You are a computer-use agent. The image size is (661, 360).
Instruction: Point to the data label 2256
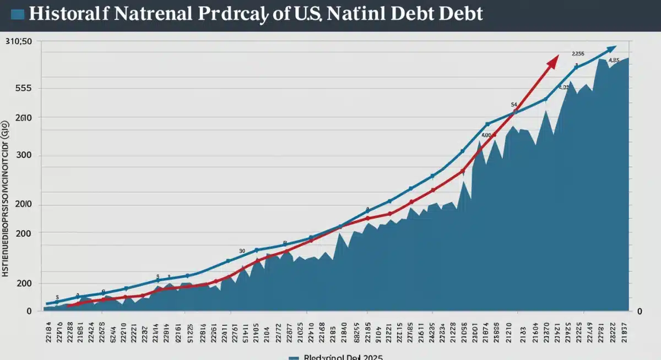tap(578, 54)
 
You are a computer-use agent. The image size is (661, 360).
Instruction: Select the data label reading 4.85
tap(614, 61)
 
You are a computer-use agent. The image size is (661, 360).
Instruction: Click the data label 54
tap(514, 104)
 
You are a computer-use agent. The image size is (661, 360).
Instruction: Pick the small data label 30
tap(242, 250)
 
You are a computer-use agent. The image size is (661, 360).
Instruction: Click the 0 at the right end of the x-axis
tap(640, 312)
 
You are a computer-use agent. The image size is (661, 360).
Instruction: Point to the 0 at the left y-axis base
tap(29, 312)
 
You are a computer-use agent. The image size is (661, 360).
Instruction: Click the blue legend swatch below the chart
tap(292, 357)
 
